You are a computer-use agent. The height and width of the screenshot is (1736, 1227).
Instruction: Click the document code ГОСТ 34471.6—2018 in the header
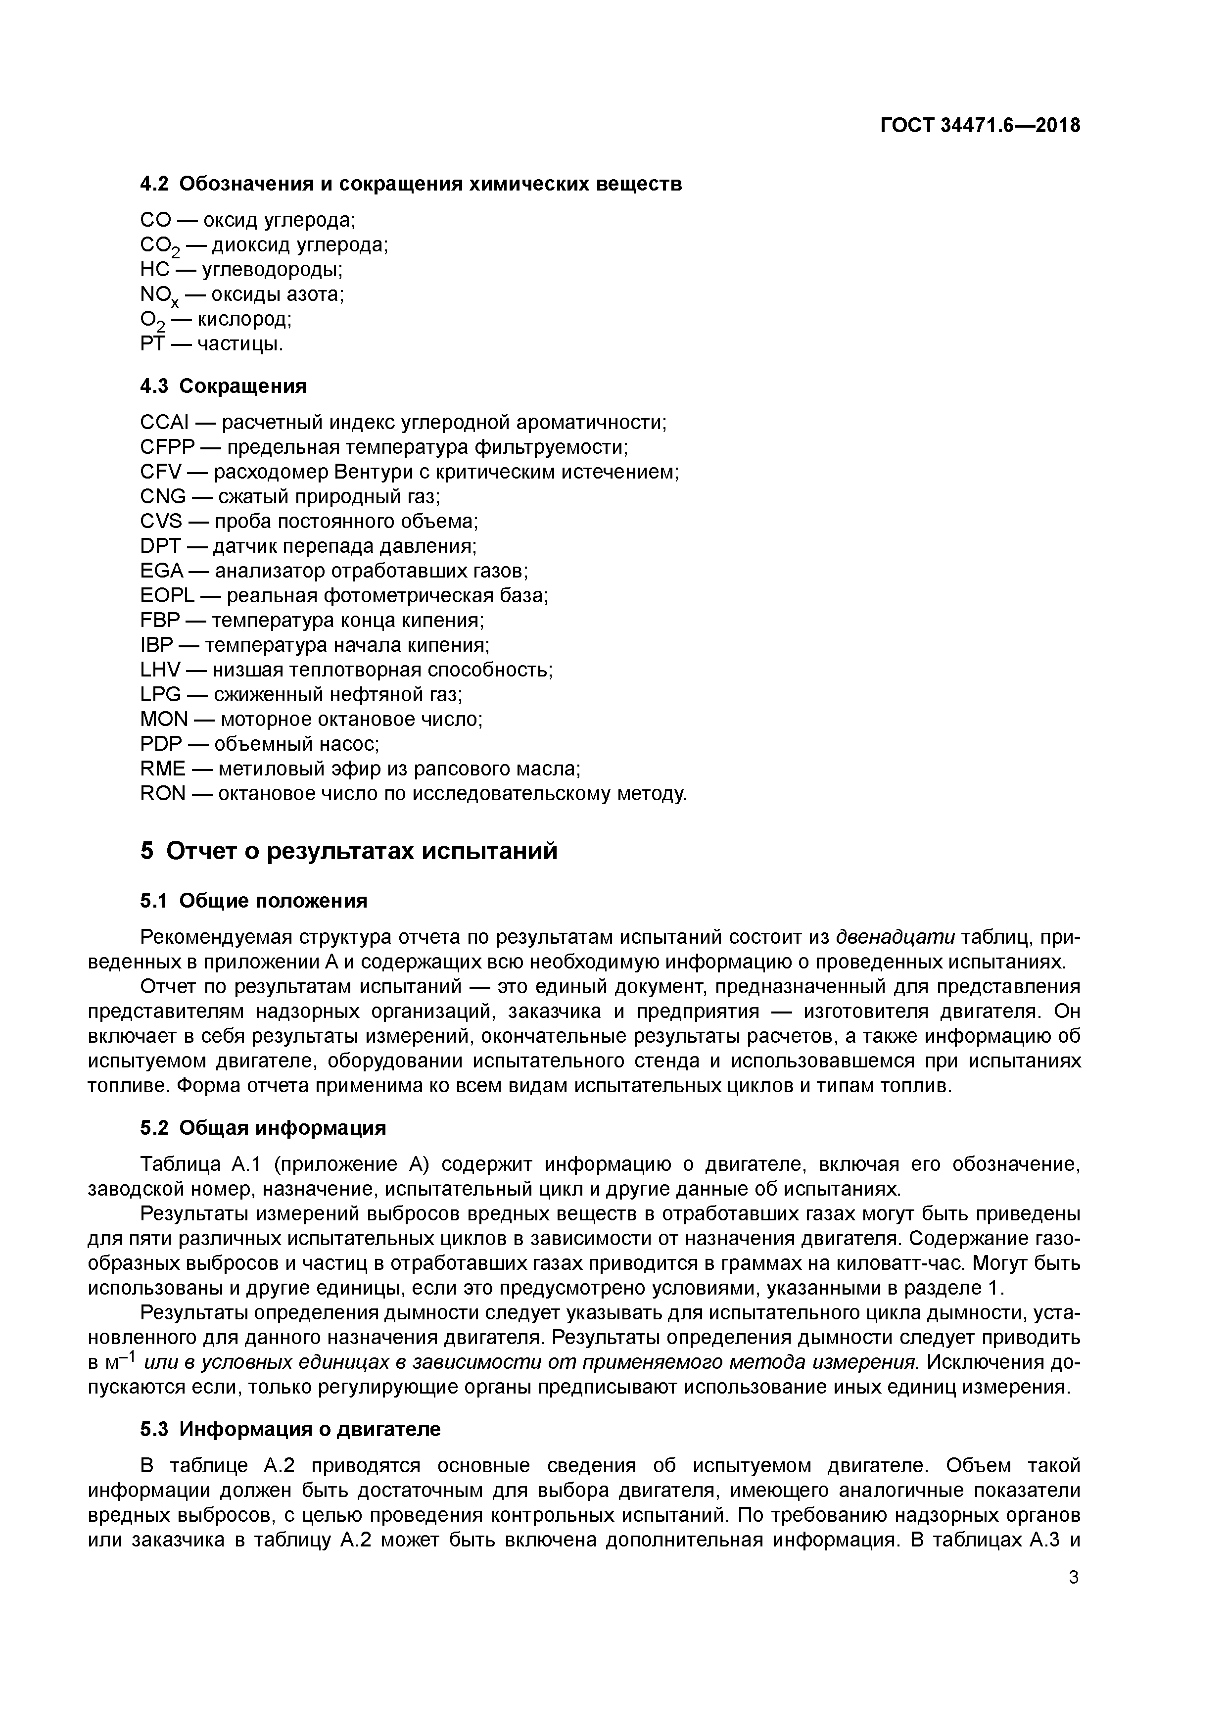[980, 126]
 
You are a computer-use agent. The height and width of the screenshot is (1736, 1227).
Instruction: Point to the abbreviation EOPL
[167, 596]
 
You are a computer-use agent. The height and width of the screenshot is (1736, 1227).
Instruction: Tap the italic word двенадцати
[895, 938]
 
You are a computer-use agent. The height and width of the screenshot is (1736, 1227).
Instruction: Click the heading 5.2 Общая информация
[263, 1128]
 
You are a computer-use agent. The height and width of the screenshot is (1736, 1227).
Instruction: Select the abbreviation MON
[163, 720]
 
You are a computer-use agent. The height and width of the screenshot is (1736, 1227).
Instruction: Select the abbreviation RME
[163, 769]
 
